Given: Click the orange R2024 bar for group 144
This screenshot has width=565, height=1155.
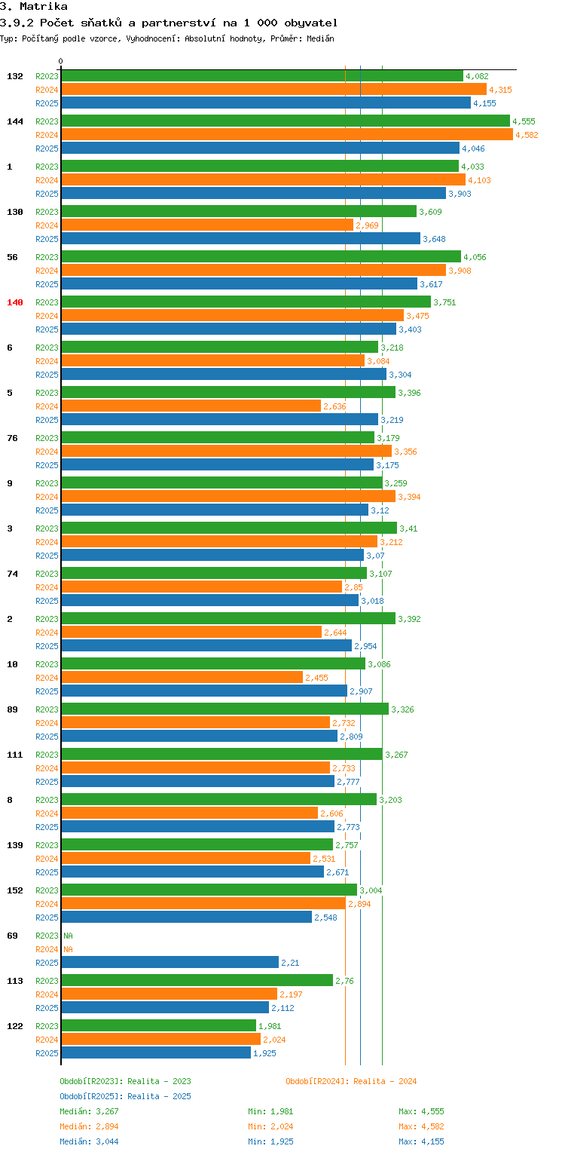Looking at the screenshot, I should click(x=286, y=134).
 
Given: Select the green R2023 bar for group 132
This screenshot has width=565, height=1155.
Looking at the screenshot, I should click(x=261, y=75).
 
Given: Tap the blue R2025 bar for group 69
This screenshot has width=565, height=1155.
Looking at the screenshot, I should click(x=169, y=962).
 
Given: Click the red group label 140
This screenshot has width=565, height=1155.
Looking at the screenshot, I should click(x=15, y=302).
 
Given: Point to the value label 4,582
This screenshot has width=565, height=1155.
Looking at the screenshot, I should click(x=527, y=135).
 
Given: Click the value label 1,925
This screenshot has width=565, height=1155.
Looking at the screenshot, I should click(x=264, y=1053).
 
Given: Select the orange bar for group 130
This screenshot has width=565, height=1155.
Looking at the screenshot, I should click(x=206, y=225).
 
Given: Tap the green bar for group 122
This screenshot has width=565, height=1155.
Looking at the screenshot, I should click(x=158, y=1025).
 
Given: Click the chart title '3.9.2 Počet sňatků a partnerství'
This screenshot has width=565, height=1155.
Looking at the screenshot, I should click(x=169, y=23).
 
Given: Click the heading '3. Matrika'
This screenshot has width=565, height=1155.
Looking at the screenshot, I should click(x=34, y=7).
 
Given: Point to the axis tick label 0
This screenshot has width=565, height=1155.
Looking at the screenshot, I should click(x=61, y=62).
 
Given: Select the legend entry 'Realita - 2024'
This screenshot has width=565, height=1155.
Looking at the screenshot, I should click(x=351, y=1081).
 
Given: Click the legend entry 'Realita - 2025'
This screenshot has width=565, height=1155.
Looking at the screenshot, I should click(x=125, y=1096).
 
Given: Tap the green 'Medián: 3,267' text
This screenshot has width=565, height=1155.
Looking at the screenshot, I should click(x=89, y=1111).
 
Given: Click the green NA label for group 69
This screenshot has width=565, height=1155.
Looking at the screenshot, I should click(x=68, y=936).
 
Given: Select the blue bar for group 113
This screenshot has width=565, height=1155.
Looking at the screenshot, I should click(x=164, y=1007).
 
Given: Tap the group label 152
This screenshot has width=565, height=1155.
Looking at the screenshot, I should click(x=15, y=890).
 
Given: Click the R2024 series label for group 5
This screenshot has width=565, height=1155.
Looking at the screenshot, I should click(x=47, y=406).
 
